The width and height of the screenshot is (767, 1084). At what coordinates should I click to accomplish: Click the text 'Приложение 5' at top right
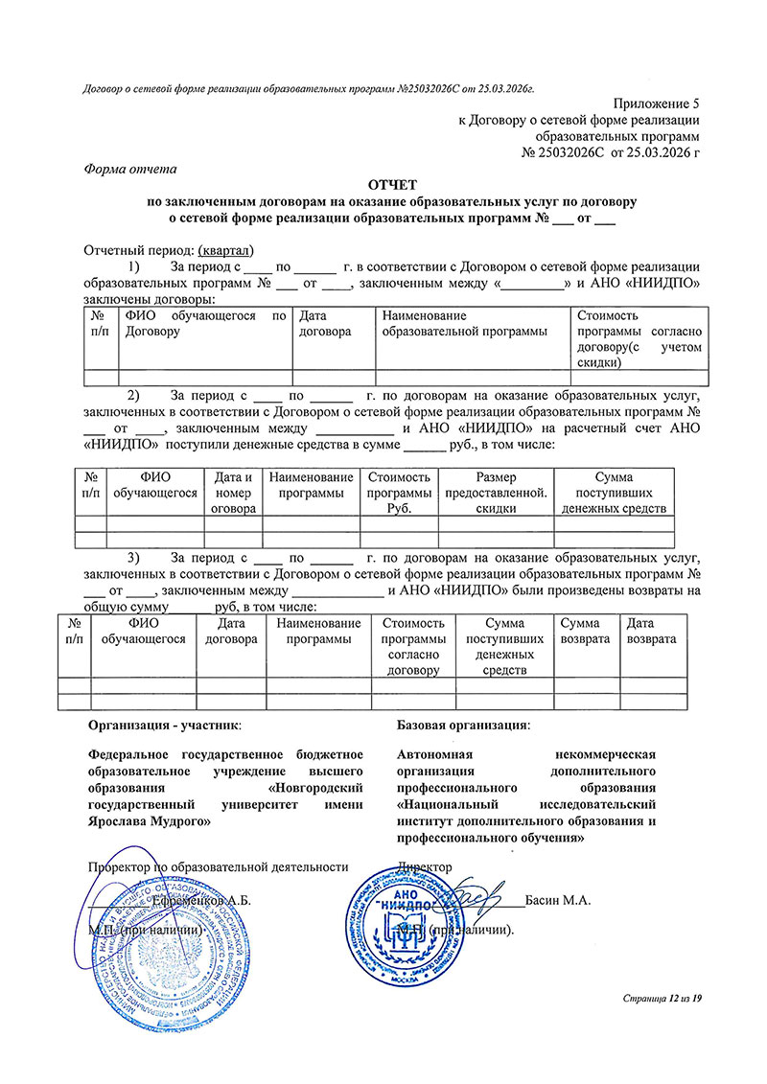pyautogui.click(x=658, y=103)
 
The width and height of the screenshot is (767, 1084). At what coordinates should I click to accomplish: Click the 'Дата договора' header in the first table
pyautogui.click(x=326, y=323)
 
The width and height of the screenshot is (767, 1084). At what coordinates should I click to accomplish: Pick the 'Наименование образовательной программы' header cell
pyautogui.click(x=464, y=323)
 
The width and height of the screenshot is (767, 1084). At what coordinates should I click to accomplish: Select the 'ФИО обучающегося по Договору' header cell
pyautogui.click(x=206, y=323)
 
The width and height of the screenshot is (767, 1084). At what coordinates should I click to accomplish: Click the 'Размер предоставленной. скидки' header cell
pyautogui.click(x=496, y=492)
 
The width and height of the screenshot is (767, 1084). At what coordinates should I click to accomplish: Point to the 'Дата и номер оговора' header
pyautogui.click(x=234, y=492)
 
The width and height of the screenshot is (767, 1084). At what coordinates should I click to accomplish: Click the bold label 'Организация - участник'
pyautogui.click(x=165, y=726)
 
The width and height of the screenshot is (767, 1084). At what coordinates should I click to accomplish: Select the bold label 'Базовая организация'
pyautogui.click(x=462, y=726)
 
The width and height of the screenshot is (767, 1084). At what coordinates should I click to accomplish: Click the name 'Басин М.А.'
pyautogui.click(x=558, y=901)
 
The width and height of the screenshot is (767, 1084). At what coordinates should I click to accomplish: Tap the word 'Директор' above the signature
pyautogui.click(x=425, y=867)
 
